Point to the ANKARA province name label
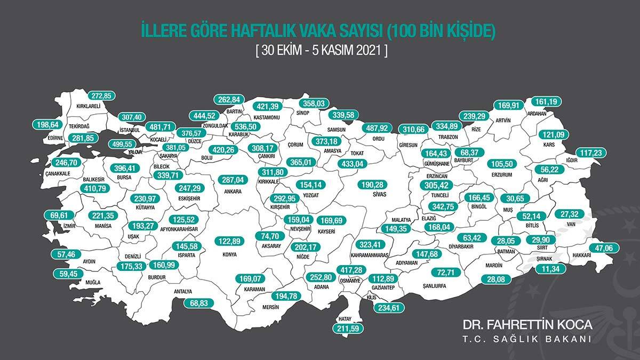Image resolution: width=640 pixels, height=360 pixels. (x=233, y=191)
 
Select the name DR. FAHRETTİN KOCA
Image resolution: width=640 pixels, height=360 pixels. (x=527, y=325)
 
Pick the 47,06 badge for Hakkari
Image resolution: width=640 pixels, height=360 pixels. (x=604, y=248)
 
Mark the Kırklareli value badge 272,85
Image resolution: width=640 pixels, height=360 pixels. (x=102, y=96)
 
